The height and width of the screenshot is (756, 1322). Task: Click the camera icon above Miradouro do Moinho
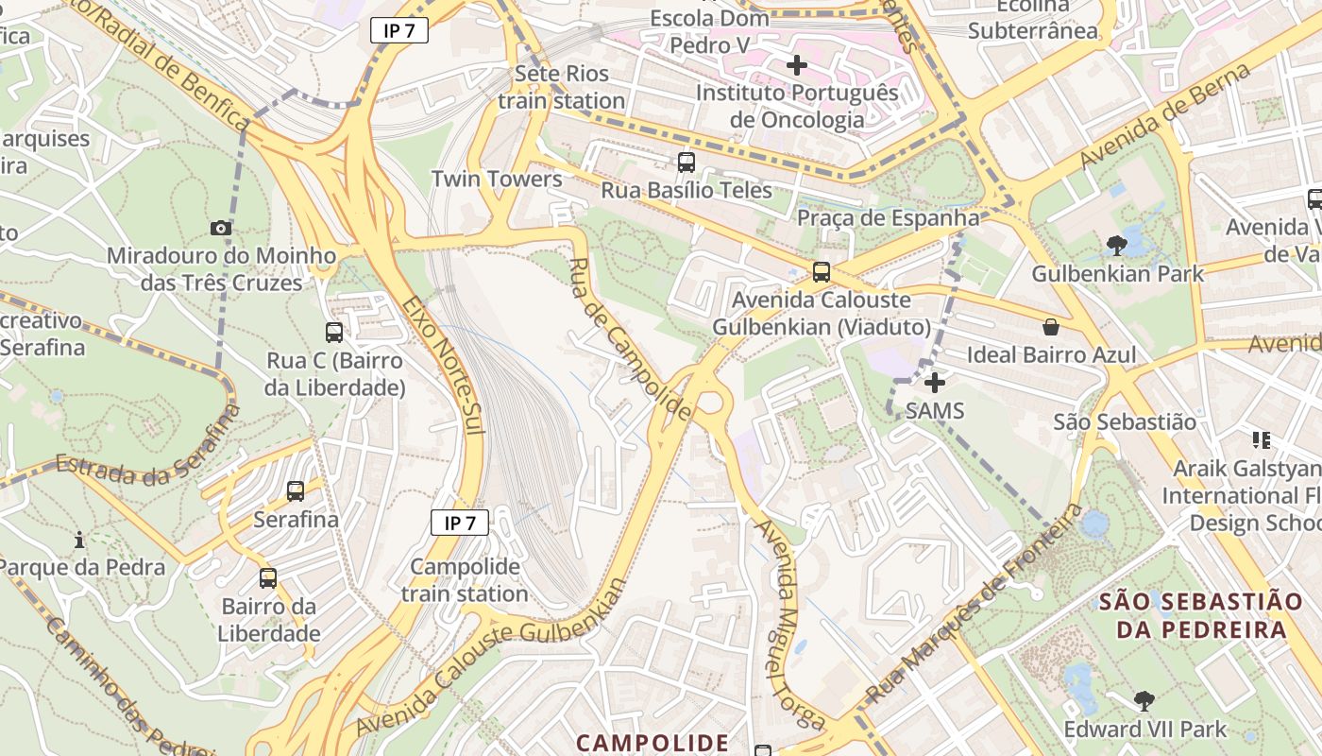tap(221, 228)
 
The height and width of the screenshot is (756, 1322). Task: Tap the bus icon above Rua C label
tap(334, 333)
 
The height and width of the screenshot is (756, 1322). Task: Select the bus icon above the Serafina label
tap(296, 491)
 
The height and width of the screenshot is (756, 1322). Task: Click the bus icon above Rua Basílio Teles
tap(686, 163)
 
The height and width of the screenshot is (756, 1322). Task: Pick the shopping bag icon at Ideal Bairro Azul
tap(1050, 327)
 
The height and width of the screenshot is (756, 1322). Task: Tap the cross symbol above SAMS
tap(935, 383)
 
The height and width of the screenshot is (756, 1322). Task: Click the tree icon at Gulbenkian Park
tap(1116, 246)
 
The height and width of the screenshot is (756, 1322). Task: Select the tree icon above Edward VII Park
tap(1144, 701)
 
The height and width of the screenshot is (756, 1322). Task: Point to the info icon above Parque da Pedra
tap(79, 540)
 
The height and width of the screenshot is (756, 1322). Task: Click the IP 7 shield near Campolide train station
tap(460, 523)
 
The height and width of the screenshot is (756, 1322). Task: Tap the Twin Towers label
tap(497, 179)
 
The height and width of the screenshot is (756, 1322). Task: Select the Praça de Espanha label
tap(889, 218)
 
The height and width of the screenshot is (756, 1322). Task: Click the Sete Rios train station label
tap(562, 87)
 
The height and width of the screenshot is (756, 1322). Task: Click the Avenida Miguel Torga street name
tap(783, 624)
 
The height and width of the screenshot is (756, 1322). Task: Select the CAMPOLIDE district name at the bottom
tap(653, 743)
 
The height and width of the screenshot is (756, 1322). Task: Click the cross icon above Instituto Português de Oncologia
tap(797, 65)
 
